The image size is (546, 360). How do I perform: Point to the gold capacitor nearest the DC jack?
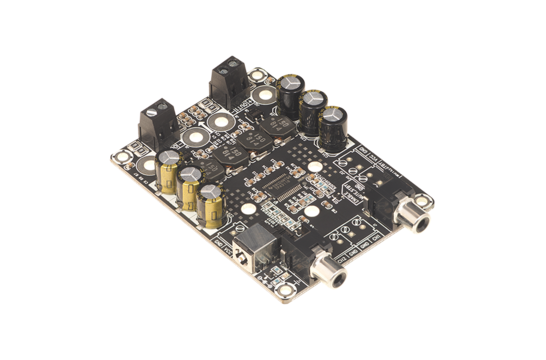coord(212,201)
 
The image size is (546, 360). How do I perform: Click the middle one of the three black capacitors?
coord(312,108)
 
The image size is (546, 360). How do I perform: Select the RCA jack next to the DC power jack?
coord(327,264)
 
